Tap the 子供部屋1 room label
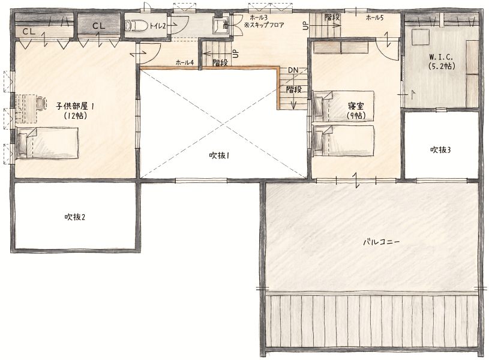coord(75,106)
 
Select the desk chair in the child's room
coord(41,103)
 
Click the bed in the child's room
coord(47,143)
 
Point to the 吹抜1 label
coord(219,155)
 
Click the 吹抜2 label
coord(75,217)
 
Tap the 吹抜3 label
coord(440,150)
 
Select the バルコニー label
coord(382,242)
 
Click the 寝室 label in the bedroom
coord(356,106)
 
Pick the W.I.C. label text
coord(441,57)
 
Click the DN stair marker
coord(293,70)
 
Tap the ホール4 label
coord(185,63)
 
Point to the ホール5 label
coord(374,18)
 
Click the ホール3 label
coord(259,18)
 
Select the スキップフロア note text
coord(264,25)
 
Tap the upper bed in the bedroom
coord(344,106)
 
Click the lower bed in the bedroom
coord(344,140)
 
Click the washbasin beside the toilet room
coord(220,25)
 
